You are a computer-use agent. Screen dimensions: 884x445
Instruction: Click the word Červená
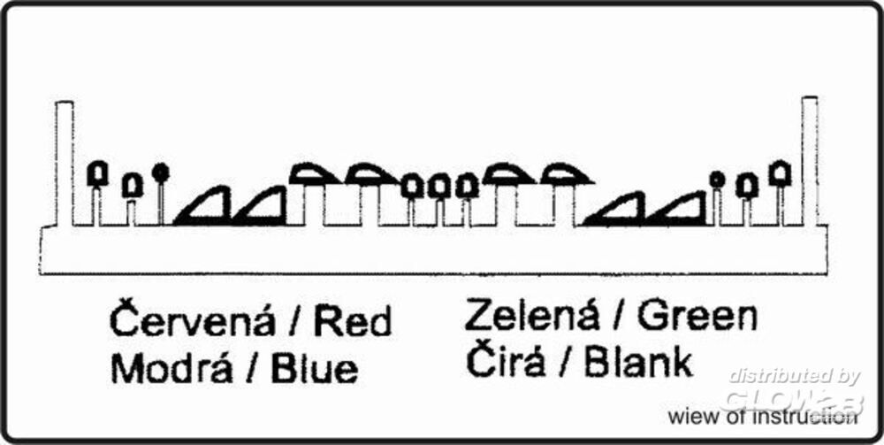click(194, 320)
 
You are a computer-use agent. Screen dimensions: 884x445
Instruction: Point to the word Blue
click(314, 369)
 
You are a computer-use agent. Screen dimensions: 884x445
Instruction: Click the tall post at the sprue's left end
click(65, 164)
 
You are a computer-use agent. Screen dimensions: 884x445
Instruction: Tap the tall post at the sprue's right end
click(810, 161)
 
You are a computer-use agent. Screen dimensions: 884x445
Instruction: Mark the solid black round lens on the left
click(161, 173)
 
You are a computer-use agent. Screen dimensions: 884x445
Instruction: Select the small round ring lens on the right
click(717, 180)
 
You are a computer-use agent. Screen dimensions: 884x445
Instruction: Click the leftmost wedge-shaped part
click(203, 206)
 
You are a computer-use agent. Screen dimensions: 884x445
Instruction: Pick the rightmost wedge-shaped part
click(676, 209)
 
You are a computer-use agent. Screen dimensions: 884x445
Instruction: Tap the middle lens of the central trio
click(439, 187)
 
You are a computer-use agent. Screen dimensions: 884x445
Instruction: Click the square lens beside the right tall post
click(780, 173)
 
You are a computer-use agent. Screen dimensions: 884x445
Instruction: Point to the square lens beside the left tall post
click(97, 173)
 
